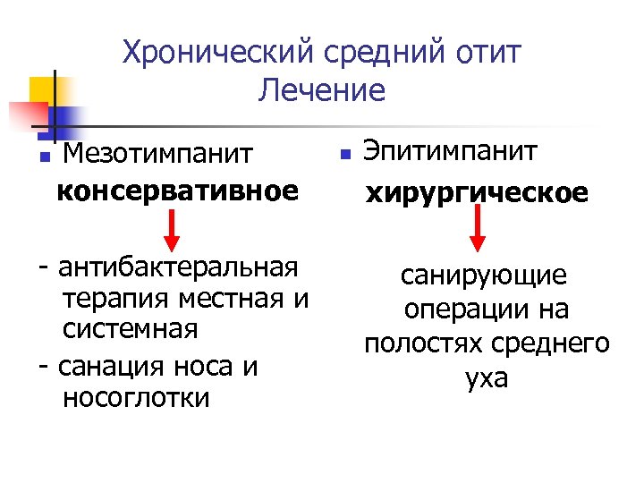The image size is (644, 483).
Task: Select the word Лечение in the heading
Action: coord(321,89)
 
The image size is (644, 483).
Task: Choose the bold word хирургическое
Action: coord(476,193)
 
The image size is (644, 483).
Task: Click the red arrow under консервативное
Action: coord(174,237)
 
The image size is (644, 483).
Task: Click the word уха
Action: coord(486,377)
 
